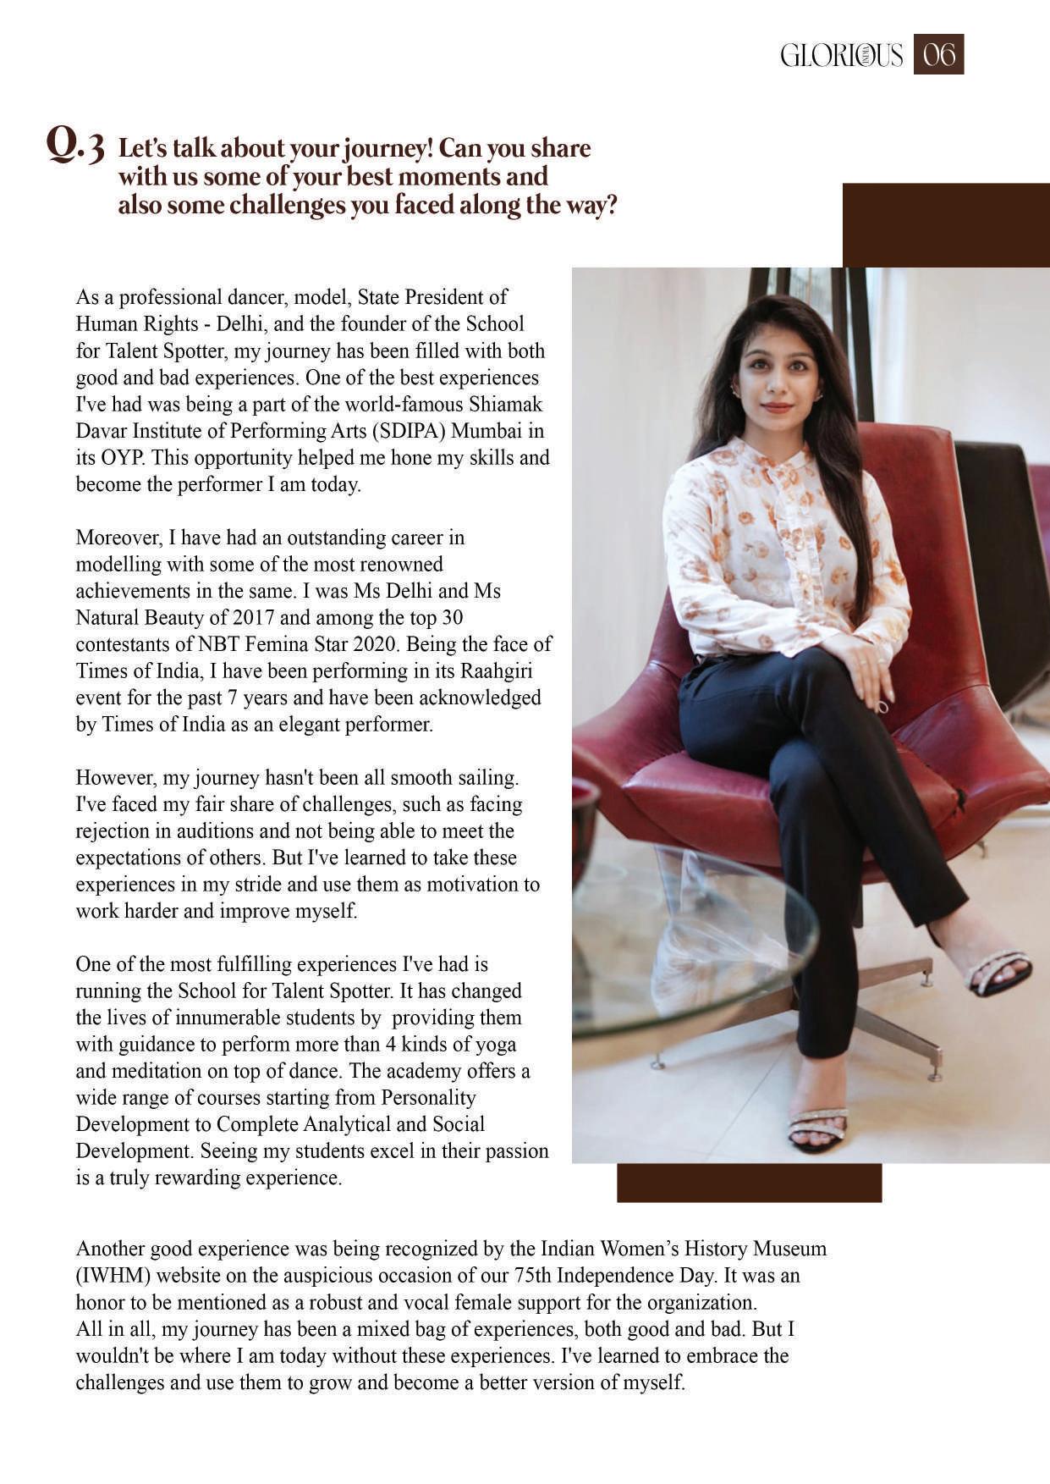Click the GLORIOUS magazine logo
point(841,56)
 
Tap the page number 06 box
point(938,55)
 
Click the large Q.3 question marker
point(75,146)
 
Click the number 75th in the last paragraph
point(532,1276)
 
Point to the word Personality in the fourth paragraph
point(428,1098)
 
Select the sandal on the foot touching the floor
point(817,1129)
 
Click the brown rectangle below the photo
point(749,1183)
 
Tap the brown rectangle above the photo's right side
point(946,225)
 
